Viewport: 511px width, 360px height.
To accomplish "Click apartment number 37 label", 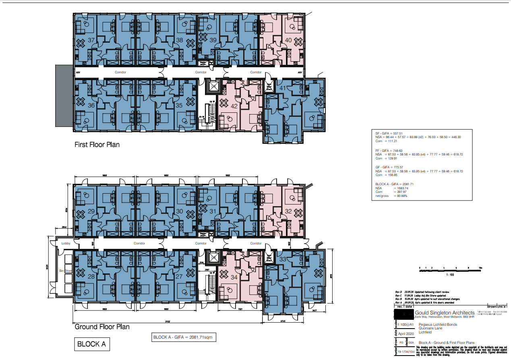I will click(x=91, y=40).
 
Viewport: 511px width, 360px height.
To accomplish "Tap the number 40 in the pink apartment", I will click(x=288, y=40).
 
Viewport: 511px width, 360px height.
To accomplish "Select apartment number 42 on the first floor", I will click(x=234, y=106).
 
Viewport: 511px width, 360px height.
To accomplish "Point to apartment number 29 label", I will click(x=91, y=211).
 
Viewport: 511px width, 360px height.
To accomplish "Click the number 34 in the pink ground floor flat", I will click(x=234, y=277).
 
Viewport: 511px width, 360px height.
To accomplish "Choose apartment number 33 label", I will click(x=283, y=259).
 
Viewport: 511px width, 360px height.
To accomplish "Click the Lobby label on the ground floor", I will click(x=66, y=243).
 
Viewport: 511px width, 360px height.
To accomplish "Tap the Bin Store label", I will click(x=65, y=271).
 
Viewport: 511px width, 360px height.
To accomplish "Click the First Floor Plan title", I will click(x=97, y=144).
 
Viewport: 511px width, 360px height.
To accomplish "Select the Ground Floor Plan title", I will click(x=102, y=327).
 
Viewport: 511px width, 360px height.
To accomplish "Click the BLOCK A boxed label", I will click(x=91, y=344).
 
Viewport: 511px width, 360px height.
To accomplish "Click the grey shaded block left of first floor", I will click(x=64, y=95).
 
